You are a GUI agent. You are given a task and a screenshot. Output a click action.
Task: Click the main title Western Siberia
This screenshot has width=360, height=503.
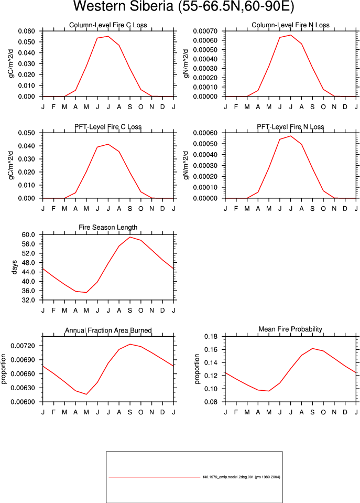pos(123,6)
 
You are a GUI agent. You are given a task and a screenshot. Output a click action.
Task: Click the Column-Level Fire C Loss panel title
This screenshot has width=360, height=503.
pos(108,25)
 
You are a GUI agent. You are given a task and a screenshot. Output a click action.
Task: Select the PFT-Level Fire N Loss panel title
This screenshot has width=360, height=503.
pos(290,127)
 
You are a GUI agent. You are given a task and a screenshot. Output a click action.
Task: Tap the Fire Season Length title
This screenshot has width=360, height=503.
pos(108,228)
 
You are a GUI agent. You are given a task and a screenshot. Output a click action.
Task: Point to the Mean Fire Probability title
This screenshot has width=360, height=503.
pos(290,329)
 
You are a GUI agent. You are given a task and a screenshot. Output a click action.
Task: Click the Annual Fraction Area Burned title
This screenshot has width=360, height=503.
pos(108,330)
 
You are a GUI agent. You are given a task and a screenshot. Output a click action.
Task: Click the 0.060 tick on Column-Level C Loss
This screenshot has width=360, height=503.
pos(26,31)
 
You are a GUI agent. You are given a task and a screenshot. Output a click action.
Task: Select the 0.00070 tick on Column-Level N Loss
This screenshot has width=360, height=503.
pos(205,31)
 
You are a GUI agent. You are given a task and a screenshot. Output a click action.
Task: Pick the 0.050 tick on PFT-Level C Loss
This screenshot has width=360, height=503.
pos(26,133)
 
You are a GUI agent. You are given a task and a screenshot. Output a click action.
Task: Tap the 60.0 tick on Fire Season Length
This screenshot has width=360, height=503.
pos(28,235)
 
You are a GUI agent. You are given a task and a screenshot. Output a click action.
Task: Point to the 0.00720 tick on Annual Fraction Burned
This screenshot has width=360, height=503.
pos(23,346)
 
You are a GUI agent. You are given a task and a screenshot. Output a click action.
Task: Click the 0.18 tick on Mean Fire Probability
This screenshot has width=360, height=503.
pos(211,337)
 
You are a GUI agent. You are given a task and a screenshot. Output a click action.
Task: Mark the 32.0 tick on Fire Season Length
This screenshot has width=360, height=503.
pos(28,300)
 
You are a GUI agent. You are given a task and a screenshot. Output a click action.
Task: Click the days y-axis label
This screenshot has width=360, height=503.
pos(15,267)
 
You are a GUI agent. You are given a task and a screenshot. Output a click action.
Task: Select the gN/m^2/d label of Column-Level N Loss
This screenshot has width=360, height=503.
pos(186,63)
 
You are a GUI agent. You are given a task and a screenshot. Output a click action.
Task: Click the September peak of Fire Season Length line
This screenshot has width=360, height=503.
pos(130,237)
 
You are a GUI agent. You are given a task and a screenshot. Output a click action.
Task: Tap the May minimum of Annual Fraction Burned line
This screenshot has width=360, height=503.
pos(86,394)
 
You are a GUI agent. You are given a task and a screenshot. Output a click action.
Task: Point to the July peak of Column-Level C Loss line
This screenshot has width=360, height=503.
pos(108,36)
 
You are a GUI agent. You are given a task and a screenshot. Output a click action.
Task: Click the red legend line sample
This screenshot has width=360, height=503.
pos(155,477)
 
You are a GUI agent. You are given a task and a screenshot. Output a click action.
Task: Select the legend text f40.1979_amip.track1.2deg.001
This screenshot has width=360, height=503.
pos(228,477)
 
